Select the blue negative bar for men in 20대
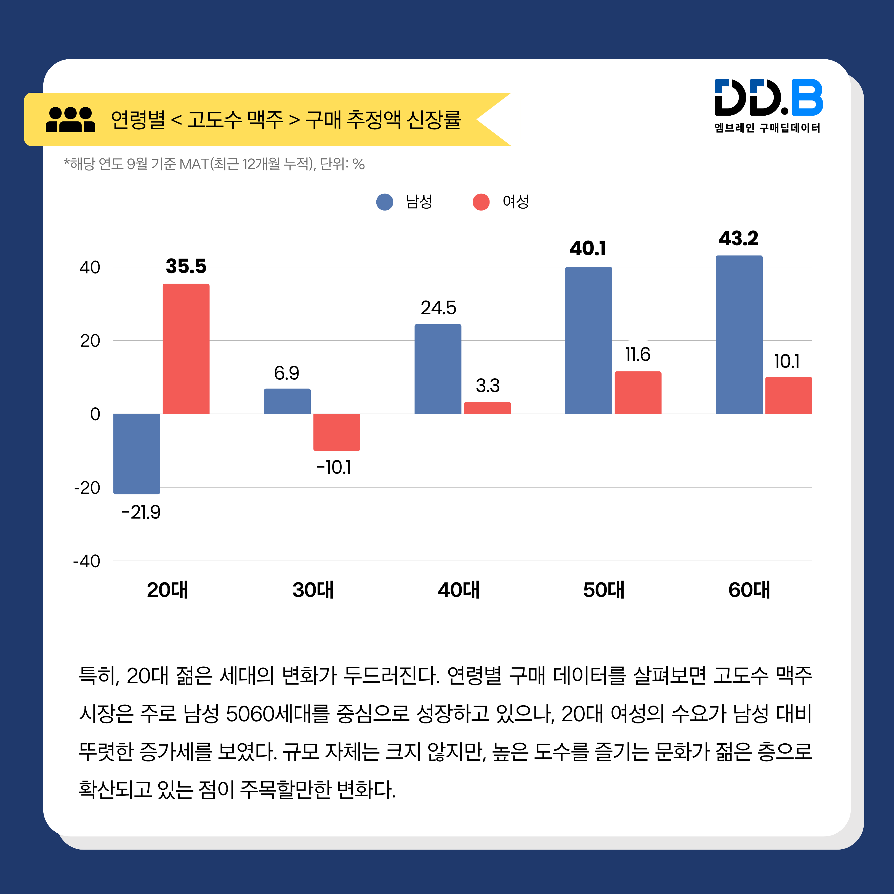tap(137, 453)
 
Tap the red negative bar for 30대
tap(336, 432)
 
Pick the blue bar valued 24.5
tap(438, 369)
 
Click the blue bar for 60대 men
tap(739, 334)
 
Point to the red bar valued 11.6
tap(638, 392)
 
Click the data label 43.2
tap(739, 239)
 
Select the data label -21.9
tap(141, 512)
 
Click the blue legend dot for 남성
tap(385, 202)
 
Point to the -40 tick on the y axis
tap(87, 561)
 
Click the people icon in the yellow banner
tap(70, 120)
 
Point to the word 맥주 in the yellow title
tap(265, 120)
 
